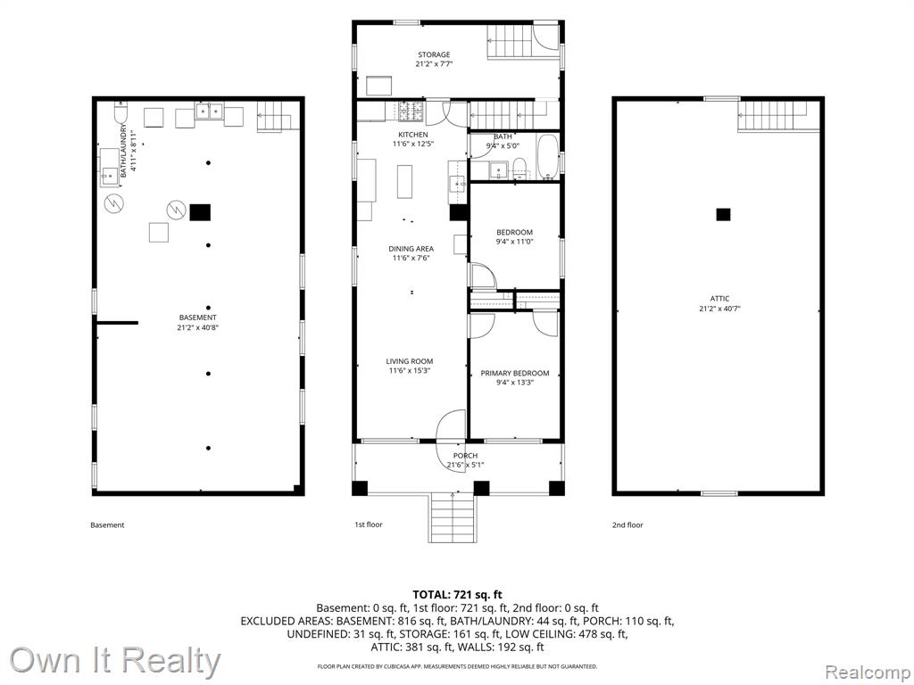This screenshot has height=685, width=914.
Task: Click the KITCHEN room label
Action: coord(412,135)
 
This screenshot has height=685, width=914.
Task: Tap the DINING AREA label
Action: coord(411,249)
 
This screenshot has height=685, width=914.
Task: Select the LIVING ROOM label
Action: coord(409,361)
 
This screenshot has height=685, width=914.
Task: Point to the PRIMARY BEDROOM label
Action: coord(515,374)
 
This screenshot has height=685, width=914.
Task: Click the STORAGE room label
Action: coord(434,54)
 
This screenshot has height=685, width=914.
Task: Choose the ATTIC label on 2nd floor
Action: coord(720,299)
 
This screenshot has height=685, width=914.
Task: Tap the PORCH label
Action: coord(465,456)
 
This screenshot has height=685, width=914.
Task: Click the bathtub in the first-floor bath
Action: coord(547,157)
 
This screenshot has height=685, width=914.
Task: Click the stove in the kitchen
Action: coord(411,111)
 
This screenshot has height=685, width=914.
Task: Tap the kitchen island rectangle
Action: coord(404,182)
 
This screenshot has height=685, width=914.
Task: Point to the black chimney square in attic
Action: coord(723,214)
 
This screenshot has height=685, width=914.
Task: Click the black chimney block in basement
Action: coord(200,212)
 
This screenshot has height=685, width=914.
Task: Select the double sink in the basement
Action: coord(209,111)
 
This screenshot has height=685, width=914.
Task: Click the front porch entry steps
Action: coord(453,518)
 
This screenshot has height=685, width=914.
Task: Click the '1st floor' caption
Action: coord(369,524)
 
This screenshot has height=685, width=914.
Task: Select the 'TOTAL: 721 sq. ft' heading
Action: coord(457,595)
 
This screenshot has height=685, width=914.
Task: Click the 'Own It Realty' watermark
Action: coord(115,661)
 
